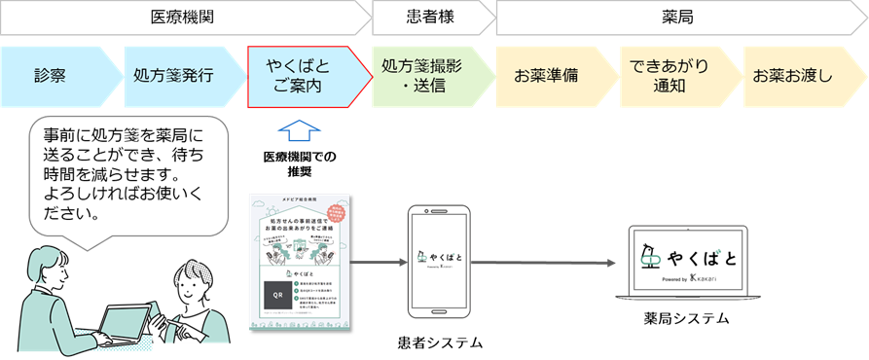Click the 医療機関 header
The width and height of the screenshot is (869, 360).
(182, 17)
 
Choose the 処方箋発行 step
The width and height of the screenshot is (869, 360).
(175, 75)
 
